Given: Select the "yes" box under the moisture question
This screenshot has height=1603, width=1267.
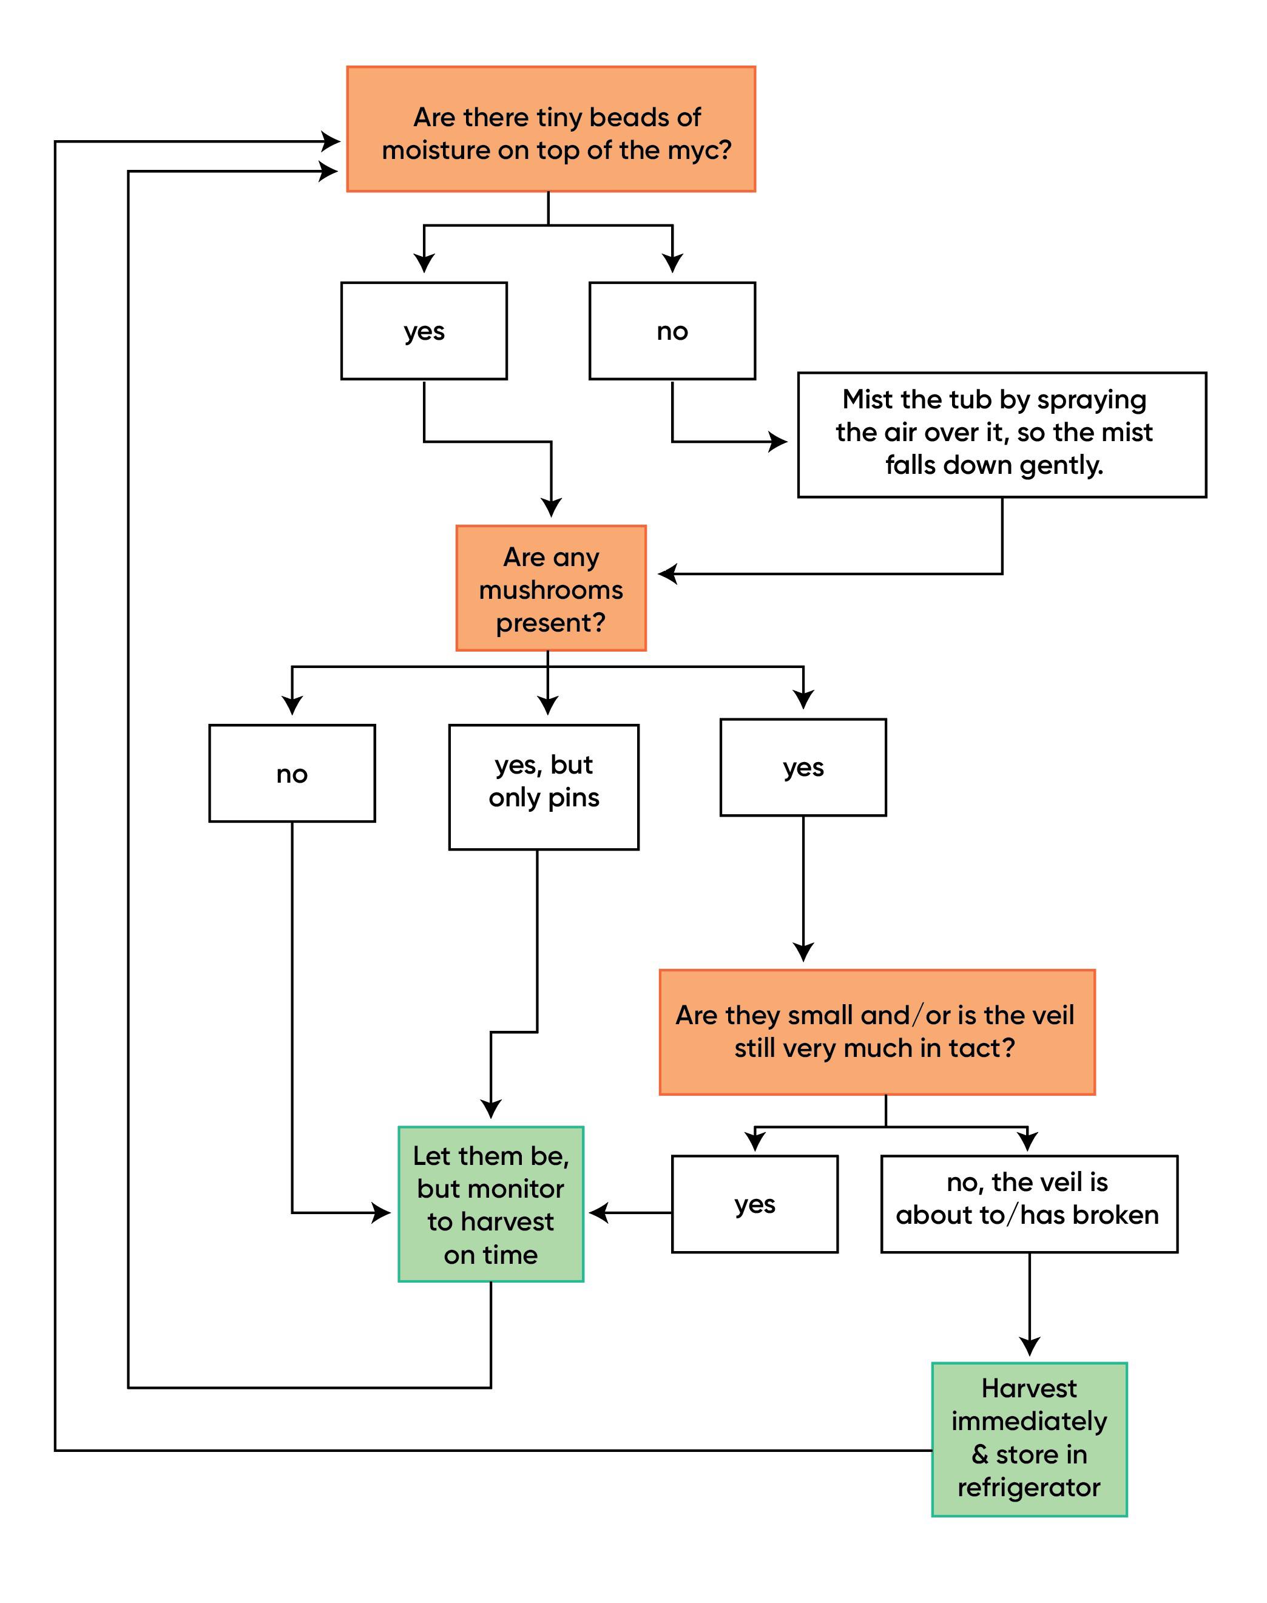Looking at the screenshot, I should [x=424, y=331].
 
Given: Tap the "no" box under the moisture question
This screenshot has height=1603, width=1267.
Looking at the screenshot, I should [x=672, y=331].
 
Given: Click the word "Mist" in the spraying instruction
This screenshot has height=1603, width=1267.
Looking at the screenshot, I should [x=866, y=400].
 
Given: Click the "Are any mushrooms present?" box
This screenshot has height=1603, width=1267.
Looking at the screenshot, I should [x=550, y=589].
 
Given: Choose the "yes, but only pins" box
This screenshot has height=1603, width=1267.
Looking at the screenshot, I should [x=543, y=786].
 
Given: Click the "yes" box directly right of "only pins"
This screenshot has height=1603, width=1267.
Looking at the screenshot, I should [x=803, y=767].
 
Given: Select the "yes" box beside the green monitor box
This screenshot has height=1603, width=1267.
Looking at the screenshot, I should [x=754, y=1204].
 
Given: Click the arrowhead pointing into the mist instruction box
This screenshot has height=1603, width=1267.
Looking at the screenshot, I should [x=778, y=442].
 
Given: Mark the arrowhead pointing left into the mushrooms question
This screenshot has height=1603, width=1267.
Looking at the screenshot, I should [x=667, y=573].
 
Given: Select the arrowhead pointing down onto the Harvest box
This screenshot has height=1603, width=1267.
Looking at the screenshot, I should [x=1029, y=1346].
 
